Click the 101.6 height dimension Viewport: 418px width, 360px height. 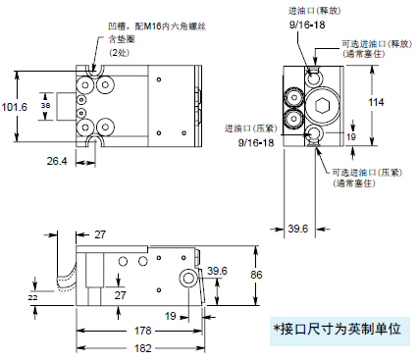(x=15, y=107)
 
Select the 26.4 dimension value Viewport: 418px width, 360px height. (x=57, y=161)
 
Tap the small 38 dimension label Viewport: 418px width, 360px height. (x=45, y=105)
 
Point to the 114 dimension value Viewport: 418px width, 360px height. (x=376, y=102)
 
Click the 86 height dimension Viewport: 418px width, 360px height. (x=256, y=275)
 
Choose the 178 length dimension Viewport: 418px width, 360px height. (x=143, y=331)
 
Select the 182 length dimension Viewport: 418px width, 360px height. (x=143, y=348)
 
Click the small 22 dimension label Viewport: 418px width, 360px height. (x=32, y=297)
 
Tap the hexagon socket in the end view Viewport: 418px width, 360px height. (x=322, y=106)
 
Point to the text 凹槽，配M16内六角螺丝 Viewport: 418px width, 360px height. (x=157, y=26)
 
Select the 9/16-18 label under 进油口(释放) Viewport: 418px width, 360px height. (x=307, y=25)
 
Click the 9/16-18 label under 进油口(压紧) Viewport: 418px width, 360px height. (x=256, y=142)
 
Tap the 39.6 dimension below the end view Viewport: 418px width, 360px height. (x=298, y=229)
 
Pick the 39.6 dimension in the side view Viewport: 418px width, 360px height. (x=217, y=271)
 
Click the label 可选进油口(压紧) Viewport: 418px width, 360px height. (x=367, y=173)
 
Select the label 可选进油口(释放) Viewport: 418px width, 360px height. (x=377, y=44)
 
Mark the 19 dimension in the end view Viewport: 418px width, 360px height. (x=351, y=136)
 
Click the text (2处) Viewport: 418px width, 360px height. (x=119, y=52)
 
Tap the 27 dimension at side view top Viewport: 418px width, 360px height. (x=100, y=234)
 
